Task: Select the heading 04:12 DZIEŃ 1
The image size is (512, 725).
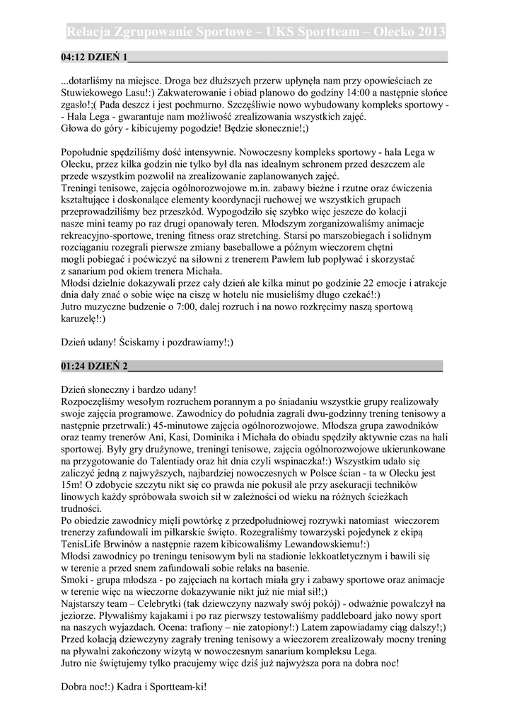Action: point(94,57)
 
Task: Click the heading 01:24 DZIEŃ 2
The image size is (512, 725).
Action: point(94,366)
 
